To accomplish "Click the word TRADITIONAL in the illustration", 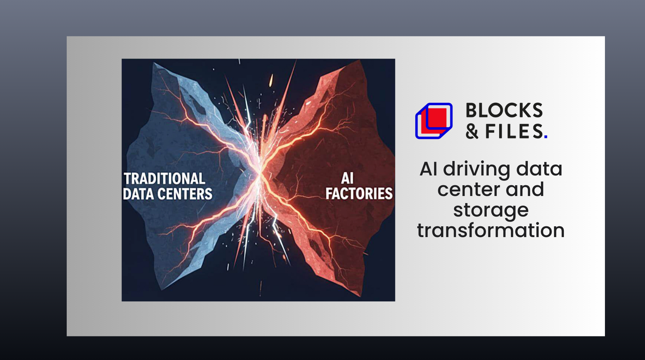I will [x=164, y=178].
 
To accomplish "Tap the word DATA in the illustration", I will [x=138, y=194].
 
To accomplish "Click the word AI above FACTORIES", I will [x=347, y=178].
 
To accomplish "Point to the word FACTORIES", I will [x=359, y=194].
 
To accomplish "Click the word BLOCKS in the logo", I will [x=504, y=110].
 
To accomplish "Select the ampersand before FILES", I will [x=472, y=132].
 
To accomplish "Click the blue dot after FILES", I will [x=546, y=137].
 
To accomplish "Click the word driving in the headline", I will [x=477, y=169].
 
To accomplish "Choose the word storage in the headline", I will [x=491, y=210].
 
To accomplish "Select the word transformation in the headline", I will [x=491, y=231].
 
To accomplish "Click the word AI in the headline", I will [x=428, y=169].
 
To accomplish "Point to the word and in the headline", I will [x=525, y=190].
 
